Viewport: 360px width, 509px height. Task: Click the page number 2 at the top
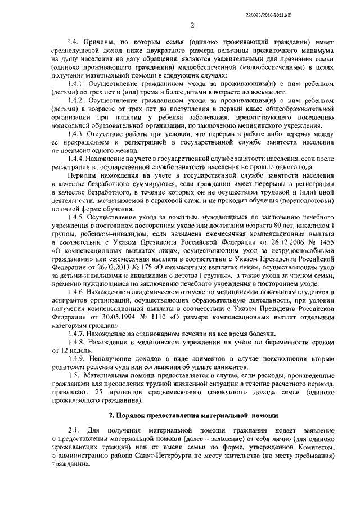tap(192, 25)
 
